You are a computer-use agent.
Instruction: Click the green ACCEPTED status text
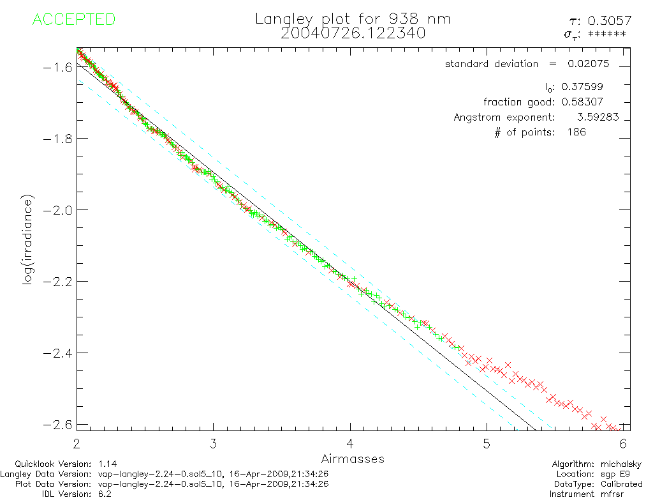pos(73,20)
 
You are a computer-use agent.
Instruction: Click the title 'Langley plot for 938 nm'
pos(353,19)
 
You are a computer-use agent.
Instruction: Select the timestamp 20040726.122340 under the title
pos(353,33)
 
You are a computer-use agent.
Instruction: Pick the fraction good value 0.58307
pos(582,102)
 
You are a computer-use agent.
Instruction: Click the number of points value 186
pos(576,132)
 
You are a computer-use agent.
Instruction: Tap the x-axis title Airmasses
pos(353,459)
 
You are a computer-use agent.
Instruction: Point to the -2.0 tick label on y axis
pos(55,210)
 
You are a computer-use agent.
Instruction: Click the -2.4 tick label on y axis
pos(55,353)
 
